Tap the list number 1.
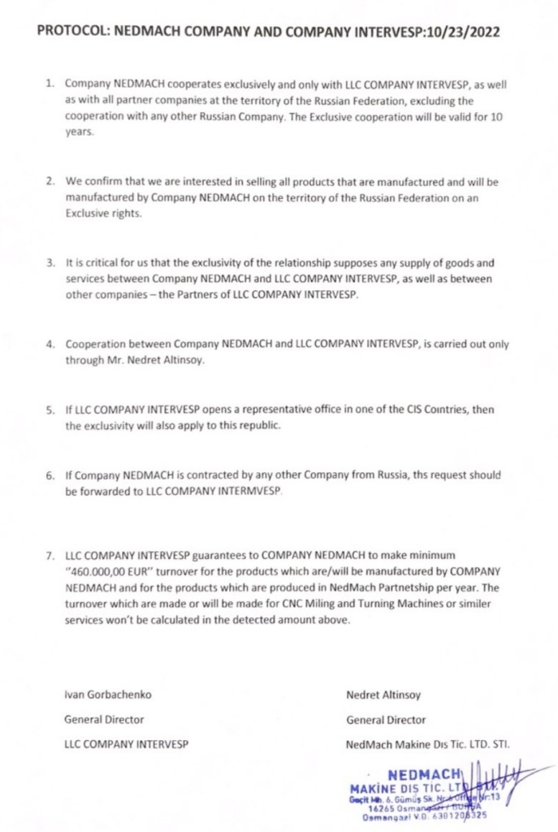(x=49, y=84)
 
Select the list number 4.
(x=49, y=344)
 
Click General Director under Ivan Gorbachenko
(x=103, y=719)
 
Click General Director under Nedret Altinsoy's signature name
(x=385, y=719)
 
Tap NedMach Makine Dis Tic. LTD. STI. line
(x=427, y=744)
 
